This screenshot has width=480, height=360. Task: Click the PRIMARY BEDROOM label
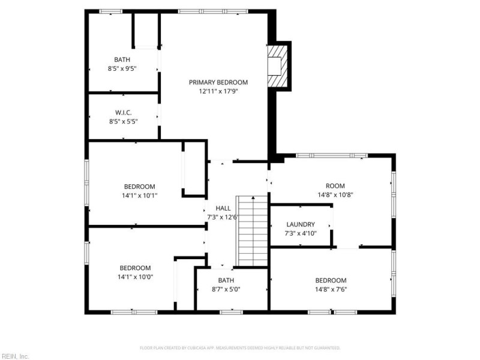(218, 82)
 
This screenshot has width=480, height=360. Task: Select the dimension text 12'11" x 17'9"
(218, 92)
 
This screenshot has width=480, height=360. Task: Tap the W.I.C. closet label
(123, 112)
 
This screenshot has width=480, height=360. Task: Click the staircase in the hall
(253, 230)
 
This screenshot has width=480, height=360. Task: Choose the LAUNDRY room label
(300, 224)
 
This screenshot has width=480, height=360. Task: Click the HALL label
(223, 208)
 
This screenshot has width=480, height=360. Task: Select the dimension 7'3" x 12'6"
(223, 217)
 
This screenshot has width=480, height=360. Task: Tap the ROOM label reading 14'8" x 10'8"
(335, 186)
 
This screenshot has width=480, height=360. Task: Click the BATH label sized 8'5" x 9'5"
(122, 59)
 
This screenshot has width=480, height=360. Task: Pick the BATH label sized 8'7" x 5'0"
(226, 280)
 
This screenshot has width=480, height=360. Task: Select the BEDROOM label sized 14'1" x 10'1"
(140, 187)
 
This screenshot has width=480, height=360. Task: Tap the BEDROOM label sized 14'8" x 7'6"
(331, 280)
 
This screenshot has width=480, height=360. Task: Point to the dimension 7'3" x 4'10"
(300, 233)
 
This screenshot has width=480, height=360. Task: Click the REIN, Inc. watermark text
(15, 356)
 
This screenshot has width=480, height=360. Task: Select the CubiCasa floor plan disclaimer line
(240, 348)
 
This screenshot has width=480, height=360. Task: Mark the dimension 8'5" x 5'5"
(123, 121)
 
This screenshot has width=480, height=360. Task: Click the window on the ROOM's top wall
(332, 155)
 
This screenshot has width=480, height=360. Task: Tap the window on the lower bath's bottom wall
(231, 311)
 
